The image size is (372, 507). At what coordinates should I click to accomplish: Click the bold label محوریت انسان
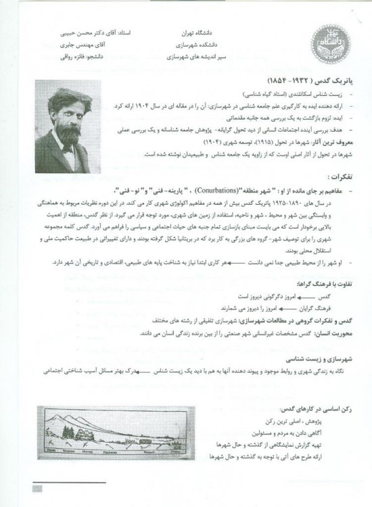(327, 333)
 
